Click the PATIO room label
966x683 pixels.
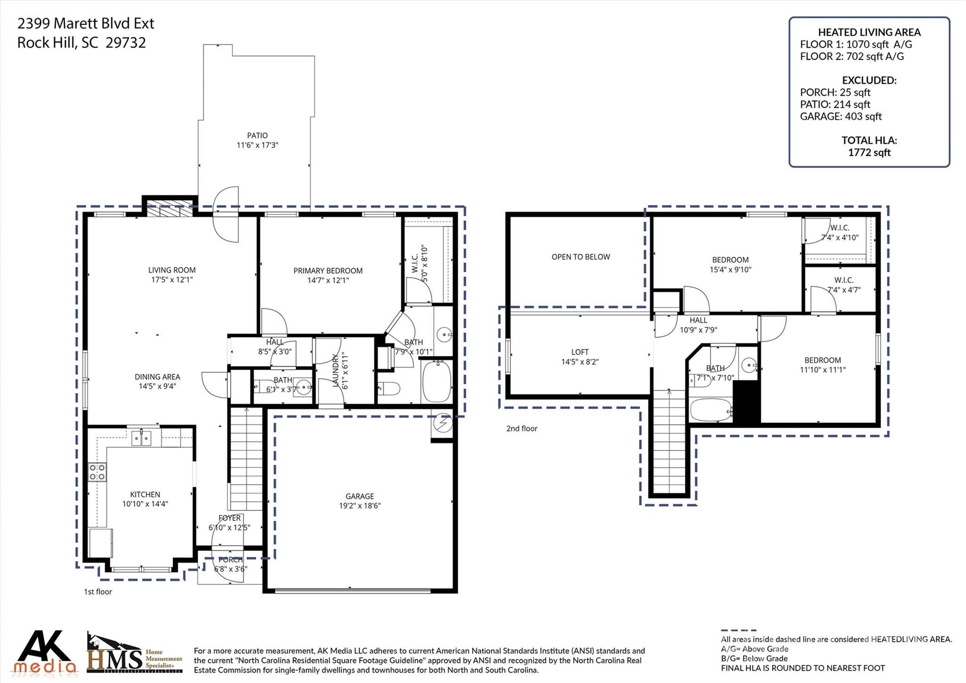coord(257,135)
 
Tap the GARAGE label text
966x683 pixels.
coord(359,496)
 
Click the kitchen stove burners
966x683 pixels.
coord(97,472)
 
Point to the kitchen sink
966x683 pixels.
coord(142,439)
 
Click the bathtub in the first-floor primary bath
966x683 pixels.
coord(437,381)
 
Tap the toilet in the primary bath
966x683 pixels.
coord(389,388)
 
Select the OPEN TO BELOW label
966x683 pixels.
coord(581,257)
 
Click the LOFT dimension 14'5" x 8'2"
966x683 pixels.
coord(580,362)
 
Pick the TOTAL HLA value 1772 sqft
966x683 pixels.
coord(869,152)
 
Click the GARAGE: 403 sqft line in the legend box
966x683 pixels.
coord(841,117)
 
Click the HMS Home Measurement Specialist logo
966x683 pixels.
coord(134,653)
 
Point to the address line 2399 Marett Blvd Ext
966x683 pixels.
coord(86,23)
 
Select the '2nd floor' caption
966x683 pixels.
coord(522,429)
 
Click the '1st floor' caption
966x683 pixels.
coord(98,592)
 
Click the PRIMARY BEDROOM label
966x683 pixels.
coord(328,270)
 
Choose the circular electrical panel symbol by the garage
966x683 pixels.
coord(443,423)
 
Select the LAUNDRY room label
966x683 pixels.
coord(336,371)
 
